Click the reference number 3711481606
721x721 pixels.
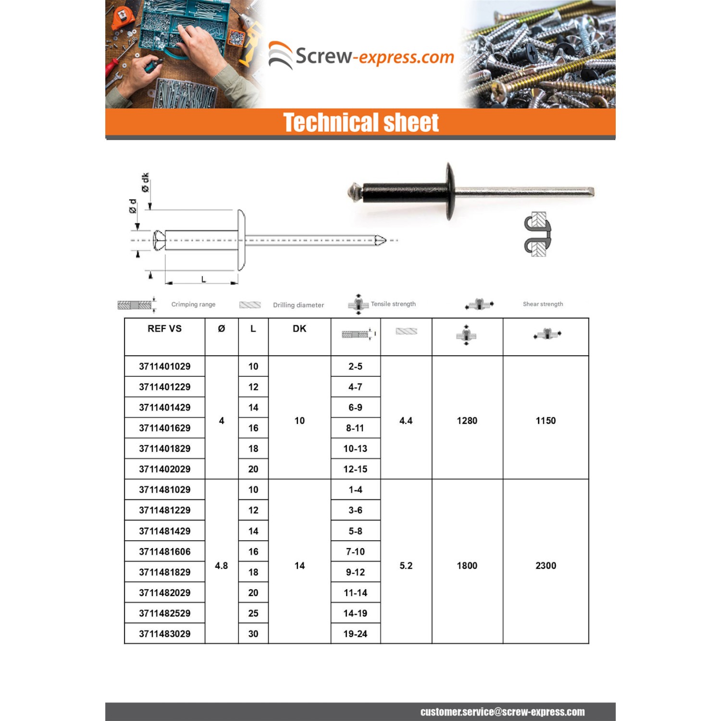click(x=164, y=551)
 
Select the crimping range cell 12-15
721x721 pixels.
click(x=355, y=469)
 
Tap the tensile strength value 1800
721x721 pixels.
click(x=467, y=565)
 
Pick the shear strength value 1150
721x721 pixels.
click(x=546, y=421)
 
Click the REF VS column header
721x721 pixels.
click(x=164, y=328)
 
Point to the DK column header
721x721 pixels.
click(x=299, y=328)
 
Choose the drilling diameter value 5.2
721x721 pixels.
click(x=406, y=565)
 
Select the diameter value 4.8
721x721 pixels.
click(x=221, y=565)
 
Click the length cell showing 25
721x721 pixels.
click(x=253, y=613)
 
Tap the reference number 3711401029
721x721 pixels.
click(x=164, y=366)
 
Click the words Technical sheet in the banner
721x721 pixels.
click(x=360, y=123)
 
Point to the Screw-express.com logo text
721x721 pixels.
click(x=374, y=57)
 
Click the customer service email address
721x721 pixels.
click(x=502, y=712)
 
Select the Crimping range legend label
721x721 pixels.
click(x=193, y=304)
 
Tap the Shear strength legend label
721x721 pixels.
click(x=543, y=304)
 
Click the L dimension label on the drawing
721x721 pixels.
click(x=203, y=279)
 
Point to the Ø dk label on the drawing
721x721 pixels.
click(x=145, y=182)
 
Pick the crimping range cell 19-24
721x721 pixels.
click(x=355, y=634)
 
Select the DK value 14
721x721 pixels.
click(x=299, y=565)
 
